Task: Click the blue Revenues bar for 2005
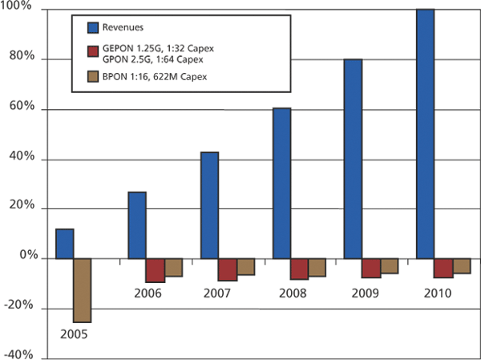[x=64, y=244]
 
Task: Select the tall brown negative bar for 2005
[x=83, y=290]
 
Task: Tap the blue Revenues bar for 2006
[x=136, y=225]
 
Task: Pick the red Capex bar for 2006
[x=156, y=270]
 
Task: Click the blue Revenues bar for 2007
[x=209, y=205]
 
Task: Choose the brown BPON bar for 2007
[x=245, y=267]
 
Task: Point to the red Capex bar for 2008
[x=300, y=269]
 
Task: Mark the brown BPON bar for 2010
[x=462, y=266]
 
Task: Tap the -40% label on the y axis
[x=17, y=354]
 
